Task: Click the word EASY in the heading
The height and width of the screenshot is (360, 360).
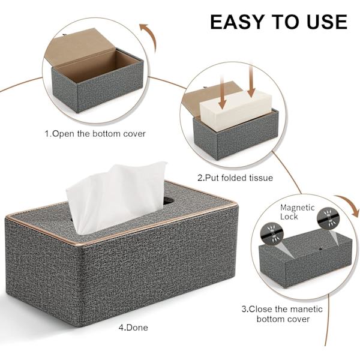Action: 238,22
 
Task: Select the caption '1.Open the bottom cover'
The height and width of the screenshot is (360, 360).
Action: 95,134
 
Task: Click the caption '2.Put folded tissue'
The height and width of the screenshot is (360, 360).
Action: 235,178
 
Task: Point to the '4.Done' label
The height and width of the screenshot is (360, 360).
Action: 133,328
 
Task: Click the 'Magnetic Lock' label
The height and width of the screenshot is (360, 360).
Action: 297,212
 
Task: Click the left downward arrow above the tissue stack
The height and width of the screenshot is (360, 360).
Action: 222,93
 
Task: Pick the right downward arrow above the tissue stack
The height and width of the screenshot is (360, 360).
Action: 251,81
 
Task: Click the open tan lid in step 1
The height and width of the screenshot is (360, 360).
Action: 79,47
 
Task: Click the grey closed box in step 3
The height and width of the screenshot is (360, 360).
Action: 305,259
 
